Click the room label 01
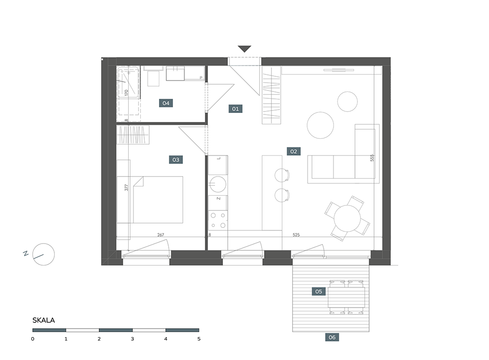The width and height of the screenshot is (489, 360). click(x=236, y=109)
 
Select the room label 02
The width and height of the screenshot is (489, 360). click(x=293, y=151)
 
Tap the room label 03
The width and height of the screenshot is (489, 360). click(x=176, y=160)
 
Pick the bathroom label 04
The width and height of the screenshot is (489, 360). click(x=166, y=103)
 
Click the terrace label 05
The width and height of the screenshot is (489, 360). click(x=318, y=292)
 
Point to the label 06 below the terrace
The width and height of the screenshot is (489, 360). click(x=332, y=337)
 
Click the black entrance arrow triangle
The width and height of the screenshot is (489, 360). click(x=244, y=49)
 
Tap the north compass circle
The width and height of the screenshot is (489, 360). click(x=44, y=254)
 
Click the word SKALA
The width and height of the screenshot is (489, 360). click(x=44, y=320)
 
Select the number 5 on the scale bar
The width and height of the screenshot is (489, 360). click(x=199, y=339)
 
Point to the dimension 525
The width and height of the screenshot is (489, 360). click(x=296, y=235)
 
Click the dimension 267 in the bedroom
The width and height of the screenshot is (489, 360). click(x=160, y=235)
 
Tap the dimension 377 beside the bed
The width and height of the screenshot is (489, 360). click(x=126, y=187)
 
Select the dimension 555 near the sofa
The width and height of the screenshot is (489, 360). click(x=372, y=158)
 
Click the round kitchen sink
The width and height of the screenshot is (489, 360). click(x=218, y=184)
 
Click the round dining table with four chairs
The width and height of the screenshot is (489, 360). click(x=347, y=218)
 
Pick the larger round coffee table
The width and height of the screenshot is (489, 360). click(x=320, y=125)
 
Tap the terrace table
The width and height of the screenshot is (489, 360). click(x=347, y=297)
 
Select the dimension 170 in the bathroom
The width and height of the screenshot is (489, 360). click(x=126, y=92)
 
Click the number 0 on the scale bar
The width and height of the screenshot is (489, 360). click(x=33, y=339)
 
